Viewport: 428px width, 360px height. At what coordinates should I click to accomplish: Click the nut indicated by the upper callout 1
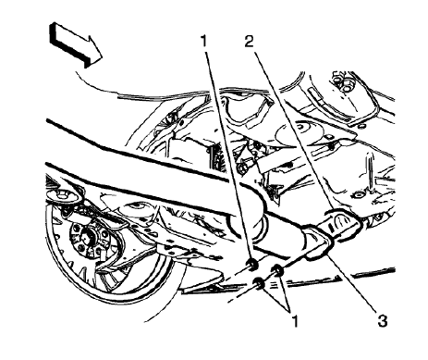point(251,267)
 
